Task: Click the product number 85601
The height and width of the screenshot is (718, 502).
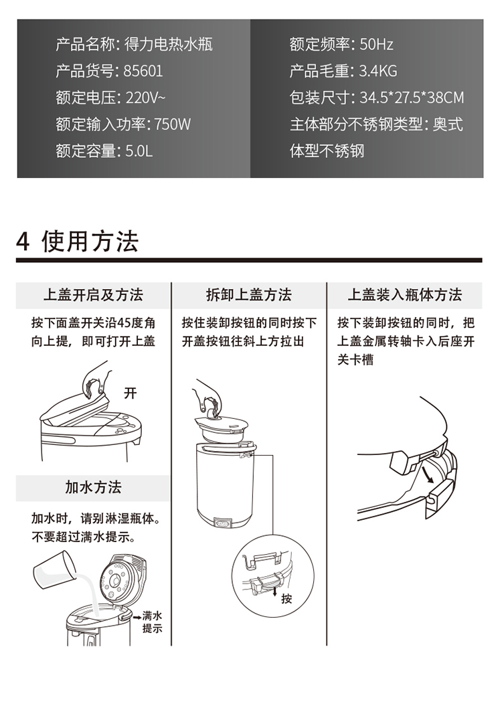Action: [143, 71]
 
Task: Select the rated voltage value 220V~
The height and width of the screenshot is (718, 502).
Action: [145, 98]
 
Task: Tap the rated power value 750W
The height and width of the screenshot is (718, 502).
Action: [172, 124]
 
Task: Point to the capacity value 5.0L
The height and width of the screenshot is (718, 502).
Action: [139, 151]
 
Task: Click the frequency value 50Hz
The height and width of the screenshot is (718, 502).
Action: [376, 44]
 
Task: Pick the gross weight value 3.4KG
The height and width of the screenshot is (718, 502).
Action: [378, 71]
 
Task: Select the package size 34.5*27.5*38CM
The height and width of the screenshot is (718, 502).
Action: [412, 98]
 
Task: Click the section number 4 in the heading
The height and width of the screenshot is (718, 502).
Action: [23, 242]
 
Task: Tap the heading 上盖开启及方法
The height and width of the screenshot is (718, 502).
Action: [93, 295]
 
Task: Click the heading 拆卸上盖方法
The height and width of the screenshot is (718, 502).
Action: [249, 295]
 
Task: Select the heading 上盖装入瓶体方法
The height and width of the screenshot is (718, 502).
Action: [404, 295]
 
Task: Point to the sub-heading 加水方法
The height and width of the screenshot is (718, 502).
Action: [93, 487]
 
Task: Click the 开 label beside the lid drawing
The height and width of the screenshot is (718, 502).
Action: [131, 393]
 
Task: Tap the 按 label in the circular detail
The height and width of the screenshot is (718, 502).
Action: [286, 598]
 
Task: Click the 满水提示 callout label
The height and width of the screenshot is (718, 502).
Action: [152, 622]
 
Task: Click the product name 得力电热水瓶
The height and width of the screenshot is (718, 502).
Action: [168, 44]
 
